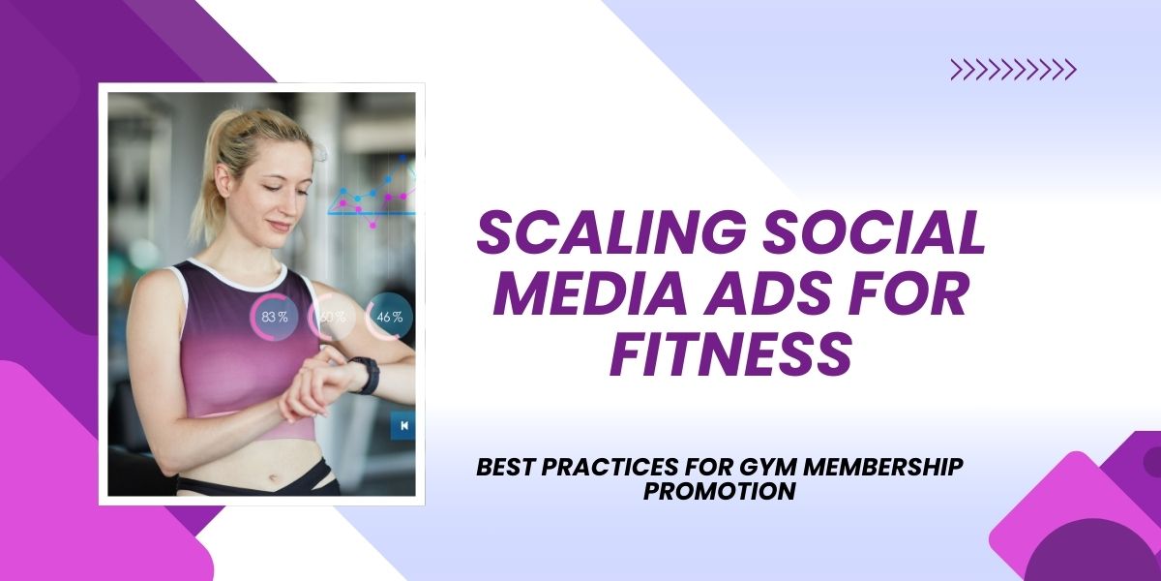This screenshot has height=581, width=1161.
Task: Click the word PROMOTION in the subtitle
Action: tap(719, 492)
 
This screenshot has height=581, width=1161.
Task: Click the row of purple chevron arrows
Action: tap(1013, 69)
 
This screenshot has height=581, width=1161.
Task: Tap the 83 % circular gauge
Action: tap(275, 317)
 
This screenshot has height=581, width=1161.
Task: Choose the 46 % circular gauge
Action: tap(389, 317)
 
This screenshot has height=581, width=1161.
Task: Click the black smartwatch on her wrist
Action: tap(366, 375)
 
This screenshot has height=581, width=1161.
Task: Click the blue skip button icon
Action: tap(402, 425)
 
